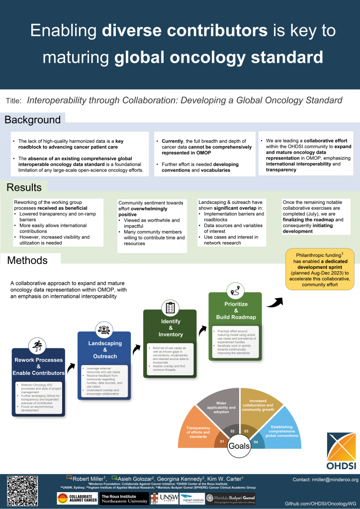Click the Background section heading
tap(33, 120)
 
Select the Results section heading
tap(24, 187)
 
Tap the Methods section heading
tap(27, 260)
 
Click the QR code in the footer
tap(22, 491)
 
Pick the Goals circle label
tap(239, 446)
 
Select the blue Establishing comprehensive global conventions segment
tap(281, 430)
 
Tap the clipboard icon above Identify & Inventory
tap(170, 308)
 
